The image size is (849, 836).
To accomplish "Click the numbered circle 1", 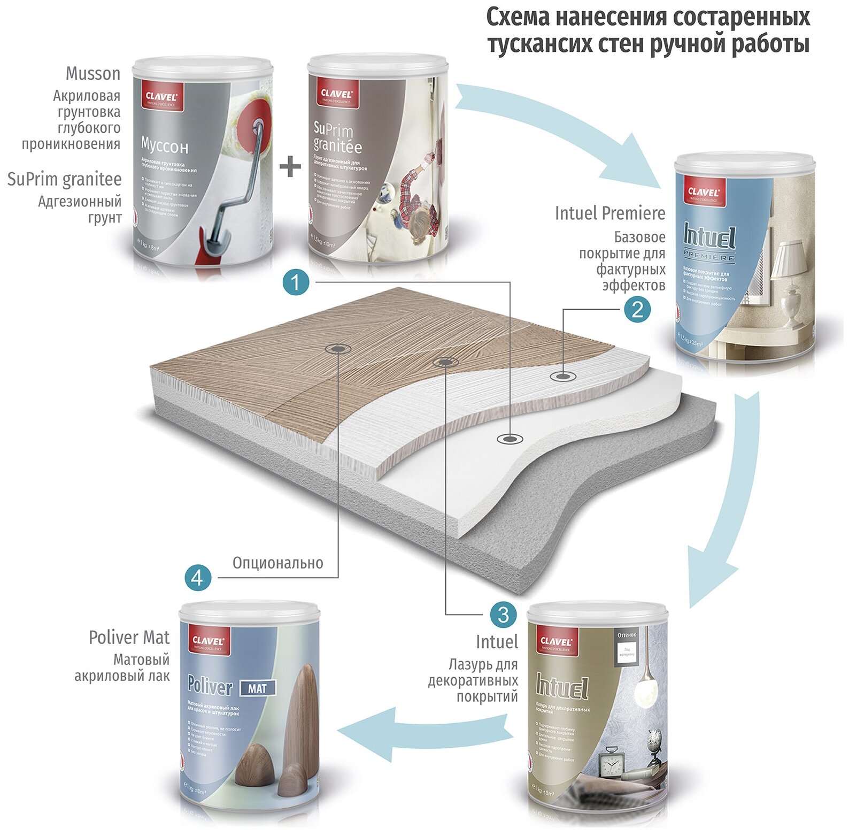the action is click(296, 281).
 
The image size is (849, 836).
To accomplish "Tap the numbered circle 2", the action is click(637, 310).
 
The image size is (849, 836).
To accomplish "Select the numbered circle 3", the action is click(503, 615).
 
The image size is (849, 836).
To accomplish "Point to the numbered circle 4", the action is click(198, 578).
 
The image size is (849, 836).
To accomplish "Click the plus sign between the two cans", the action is click(290, 167).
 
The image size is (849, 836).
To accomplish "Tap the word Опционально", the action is click(277, 563).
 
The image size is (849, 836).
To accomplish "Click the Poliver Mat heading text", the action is click(129, 637).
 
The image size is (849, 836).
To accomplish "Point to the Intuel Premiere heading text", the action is click(609, 213).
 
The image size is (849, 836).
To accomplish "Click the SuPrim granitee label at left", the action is click(64, 179).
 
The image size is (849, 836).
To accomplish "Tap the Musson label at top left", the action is click(92, 73).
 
